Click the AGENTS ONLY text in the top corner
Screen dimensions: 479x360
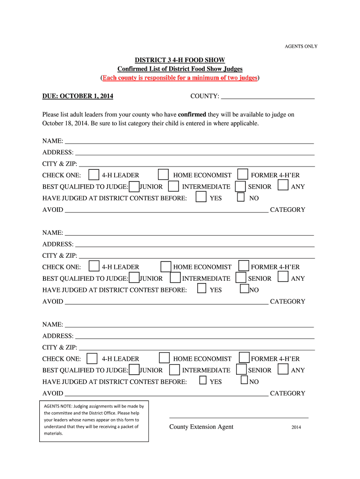pyautogui.click(x=301, y=46)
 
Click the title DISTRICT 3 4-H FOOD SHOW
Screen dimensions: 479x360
pyautogui.click(x=180, y=60)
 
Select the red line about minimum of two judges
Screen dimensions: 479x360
pyautogui.click(x=180, y=78)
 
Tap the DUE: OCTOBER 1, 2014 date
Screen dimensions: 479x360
pyautogui.click(x=78, y=96)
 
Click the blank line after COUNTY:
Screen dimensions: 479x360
pyautogui.click(x=267, y=97)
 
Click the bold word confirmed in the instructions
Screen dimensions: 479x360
pyautogui.click(x=192, y=115)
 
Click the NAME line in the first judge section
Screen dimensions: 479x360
pyautogui.click(x=189, y=141)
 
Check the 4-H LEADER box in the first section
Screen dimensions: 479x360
pyautogui.click(x=94, y=175)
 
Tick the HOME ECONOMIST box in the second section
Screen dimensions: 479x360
pyautogui.click(x=166, y=267)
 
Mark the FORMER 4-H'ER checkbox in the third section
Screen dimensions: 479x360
pyautogui.click(x=244, y=358)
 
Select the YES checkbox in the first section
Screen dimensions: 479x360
pyautogui.click(x=201, y=197)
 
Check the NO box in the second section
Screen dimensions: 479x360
pyautogui.click(x=244, y=289)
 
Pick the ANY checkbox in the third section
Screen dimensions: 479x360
pyautogui.click(x=283, y=369)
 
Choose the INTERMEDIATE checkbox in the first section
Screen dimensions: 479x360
pyautogui.click(x=173, y=186)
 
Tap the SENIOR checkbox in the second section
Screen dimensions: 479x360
pyautogui.click(x=241, y=278)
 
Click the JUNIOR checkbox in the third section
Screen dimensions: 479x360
pyautogui.click(x=134, y=370)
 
